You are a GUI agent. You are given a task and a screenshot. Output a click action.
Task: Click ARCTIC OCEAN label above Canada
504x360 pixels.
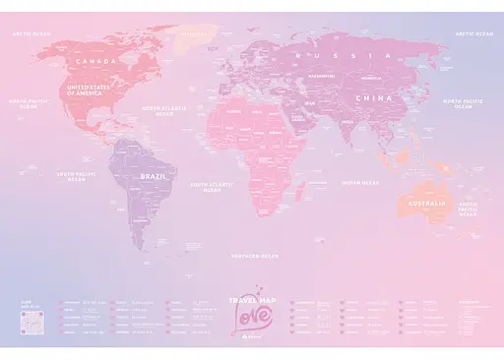[32, 32]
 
